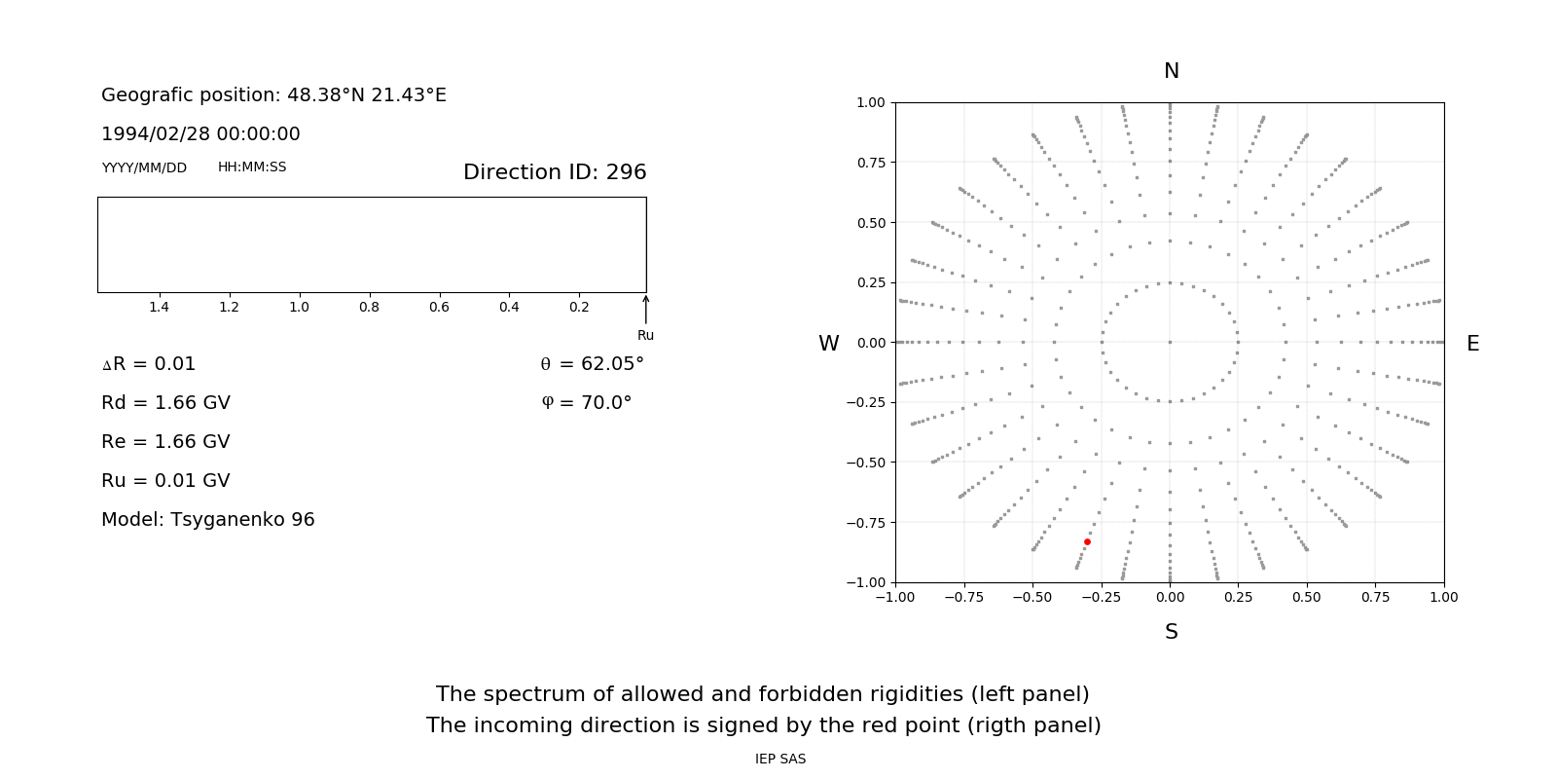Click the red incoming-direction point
click(1087, 541)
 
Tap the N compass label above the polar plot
click(1171, 71)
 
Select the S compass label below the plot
click(1171, 632)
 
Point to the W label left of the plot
click(828, 344)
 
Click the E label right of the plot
click(1472, 344)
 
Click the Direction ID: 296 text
click(555, 172)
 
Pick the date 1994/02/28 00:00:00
click(200, 133)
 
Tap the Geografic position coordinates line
click(273, 95)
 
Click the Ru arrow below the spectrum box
click(645, 310)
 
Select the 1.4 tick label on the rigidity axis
click(159, 307)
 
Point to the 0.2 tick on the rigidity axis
click(579, 307)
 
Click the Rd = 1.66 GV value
click(165, 402)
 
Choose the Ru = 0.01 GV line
click(165, 480)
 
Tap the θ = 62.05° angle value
click(592, 364)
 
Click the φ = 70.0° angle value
click(587, 402)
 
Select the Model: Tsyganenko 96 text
click(208, 519)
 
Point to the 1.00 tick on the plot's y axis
click(870, 102)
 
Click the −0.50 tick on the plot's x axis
click(1032, 597)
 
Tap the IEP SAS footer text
click(779, 759)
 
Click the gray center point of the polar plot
click(1170, 342)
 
